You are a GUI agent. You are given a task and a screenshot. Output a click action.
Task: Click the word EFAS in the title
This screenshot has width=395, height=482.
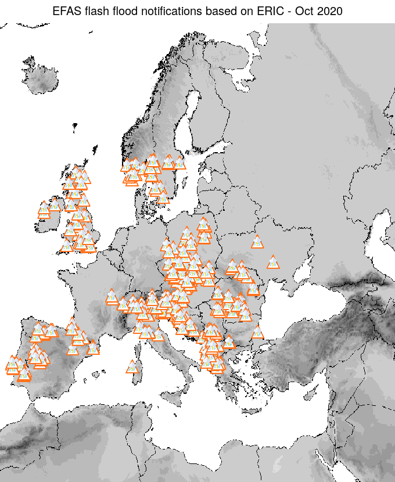65,11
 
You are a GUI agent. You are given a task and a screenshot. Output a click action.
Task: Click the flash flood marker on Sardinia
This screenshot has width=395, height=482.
132,366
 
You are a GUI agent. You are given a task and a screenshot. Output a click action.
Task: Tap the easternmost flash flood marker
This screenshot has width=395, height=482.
273,262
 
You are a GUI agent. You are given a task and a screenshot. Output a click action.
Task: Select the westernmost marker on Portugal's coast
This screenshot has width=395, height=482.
12,364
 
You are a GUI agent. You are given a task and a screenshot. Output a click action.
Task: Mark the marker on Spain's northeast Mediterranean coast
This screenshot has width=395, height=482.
93,347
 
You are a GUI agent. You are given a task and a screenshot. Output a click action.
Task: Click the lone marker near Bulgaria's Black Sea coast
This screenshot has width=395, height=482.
257,333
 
